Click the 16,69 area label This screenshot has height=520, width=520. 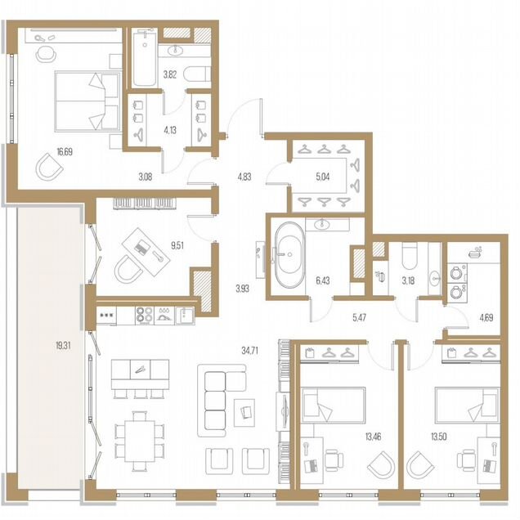click(x=65, y=152)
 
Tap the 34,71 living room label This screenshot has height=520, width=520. click(x=249, y=351)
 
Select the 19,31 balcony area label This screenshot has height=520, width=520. click(x=63, y=346)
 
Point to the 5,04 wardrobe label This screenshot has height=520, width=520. click(x=323, y=177)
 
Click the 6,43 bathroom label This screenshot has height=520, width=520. click(x=323, y=281)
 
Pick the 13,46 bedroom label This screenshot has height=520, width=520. click(x=373, y=437)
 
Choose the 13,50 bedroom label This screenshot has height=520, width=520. click(x=438, y=437)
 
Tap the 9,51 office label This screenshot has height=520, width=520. click(x=177, y=246)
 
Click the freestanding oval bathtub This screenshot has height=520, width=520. click(x=289, y=254)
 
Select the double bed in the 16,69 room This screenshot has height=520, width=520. click(x=87, y=101)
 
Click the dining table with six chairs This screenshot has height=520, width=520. click(x=140, y=441)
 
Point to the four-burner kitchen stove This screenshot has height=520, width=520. click(x=145, y=315)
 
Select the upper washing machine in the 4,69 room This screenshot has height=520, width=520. click(x=457, y=273)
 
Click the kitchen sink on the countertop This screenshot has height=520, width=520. click(x=185, y=315)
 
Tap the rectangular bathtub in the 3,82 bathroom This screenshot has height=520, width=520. click(x=144, y=59)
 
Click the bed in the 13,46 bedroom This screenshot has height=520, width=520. click(x=334, y=405)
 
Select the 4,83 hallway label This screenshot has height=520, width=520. click(x=244, y=177)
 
